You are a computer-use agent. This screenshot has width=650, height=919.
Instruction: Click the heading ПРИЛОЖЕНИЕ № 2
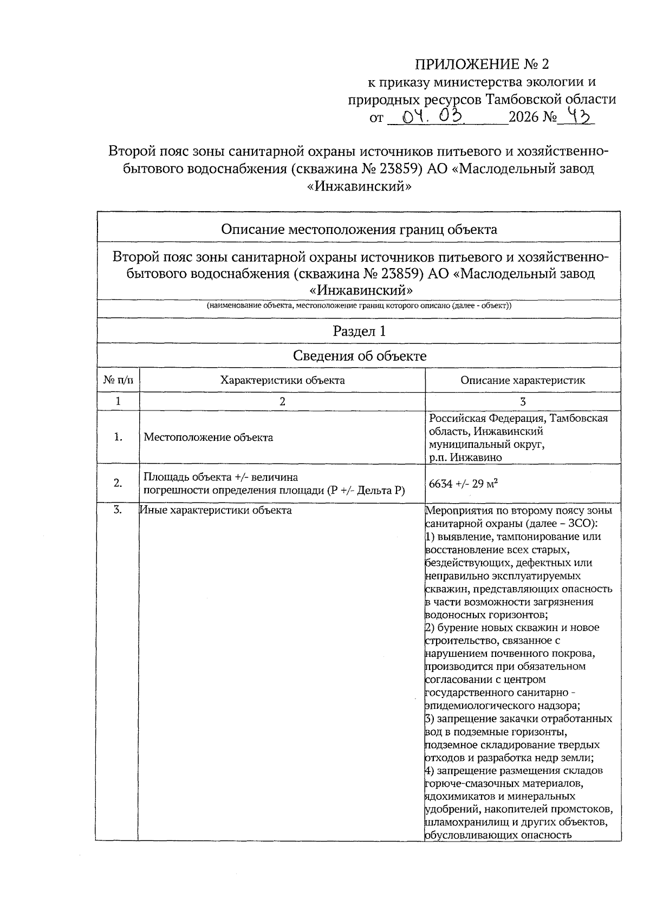pyautogui.click(x=482, y=64)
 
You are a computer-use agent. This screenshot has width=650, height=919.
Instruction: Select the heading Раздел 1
pyautogui.click(x=359, y=331)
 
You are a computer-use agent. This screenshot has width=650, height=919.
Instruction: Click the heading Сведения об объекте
pyautogui.click(x=359, y=356)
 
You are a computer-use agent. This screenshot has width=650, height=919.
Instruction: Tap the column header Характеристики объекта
pyautogui.click(x=282, y=380)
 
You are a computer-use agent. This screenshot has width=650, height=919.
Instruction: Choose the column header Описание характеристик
pyautogui.click(x=523, y=380)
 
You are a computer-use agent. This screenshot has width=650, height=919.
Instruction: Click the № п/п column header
pyautogui.click(x=118, y=380)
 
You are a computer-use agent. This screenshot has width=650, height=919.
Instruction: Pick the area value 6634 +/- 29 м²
pyautogui.click(x=463, y=484)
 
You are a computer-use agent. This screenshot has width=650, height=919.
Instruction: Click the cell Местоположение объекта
pyautogui.click(x=208, y=438)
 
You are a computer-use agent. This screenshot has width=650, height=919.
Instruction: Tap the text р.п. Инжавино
pyautogui.click(x=465, y=458)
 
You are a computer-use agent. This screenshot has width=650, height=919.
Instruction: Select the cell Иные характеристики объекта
pyautogui.click(x=216, y=510)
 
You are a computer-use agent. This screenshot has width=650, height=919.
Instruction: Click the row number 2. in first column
pyautogui.click(x=118, y=484)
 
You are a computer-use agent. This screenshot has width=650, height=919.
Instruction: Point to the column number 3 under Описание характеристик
pyautogui.click(x=523, y=401)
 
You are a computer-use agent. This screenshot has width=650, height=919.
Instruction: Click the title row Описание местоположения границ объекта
pyautogui.click(x=359, y=229)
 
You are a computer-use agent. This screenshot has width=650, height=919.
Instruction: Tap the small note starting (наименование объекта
pyautogui.click(x=359, y=305)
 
